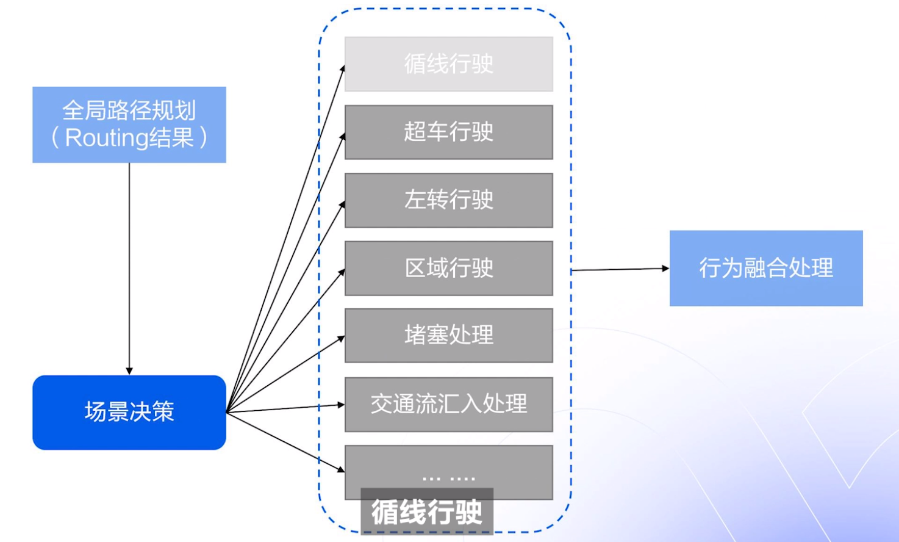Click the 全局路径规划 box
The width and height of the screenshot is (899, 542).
[129, 125]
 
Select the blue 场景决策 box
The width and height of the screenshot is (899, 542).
[129, 413]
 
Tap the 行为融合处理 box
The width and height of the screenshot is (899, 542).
[765, 268]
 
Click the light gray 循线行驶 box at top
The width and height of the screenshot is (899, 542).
[448, 64]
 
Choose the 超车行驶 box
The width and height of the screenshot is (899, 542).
[448, 132]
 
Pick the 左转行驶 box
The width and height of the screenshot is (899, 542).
[448, 200]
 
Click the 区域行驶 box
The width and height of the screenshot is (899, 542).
[448, 268]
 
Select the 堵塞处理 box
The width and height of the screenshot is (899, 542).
[448, 335]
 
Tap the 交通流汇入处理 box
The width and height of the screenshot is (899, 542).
[448, 404]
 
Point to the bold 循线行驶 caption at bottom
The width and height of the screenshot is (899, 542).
[427, 512]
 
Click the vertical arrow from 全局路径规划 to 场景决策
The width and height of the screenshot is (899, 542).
[129, 269]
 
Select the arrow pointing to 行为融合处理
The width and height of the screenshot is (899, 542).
[619, 269]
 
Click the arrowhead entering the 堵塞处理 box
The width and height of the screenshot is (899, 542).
[342, 338]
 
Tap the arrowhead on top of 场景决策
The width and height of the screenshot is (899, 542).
[129, 371]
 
